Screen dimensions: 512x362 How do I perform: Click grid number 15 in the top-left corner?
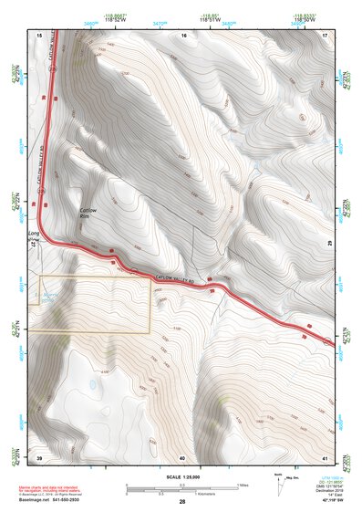pos(39,35)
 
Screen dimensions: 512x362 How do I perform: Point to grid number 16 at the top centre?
pos(183,35)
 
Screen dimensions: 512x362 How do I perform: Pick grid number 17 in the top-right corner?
pos(325,35)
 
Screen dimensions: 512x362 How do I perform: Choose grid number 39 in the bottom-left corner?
pos(39,456)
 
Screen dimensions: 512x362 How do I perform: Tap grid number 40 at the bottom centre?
pos(182,456)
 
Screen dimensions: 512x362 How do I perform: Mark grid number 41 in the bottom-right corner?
pos(325,456)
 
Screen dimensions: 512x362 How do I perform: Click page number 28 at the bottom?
pos(181,502)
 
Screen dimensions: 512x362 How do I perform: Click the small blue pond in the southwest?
pos(94,385)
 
